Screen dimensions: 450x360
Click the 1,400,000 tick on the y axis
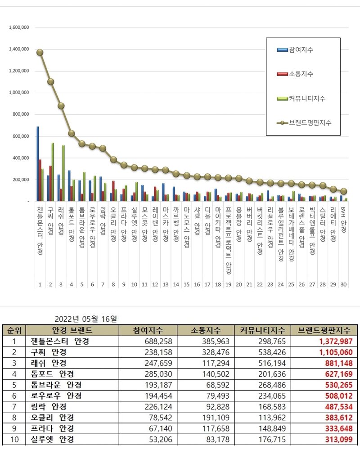click(x=19, y=49)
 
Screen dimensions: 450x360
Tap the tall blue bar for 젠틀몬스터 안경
click(x=38, y=164)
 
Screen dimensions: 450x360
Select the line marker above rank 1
click(x=40, y=52)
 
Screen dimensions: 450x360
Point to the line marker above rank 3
click(x=61, y=106)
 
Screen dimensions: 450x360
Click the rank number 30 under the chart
click(x=344, y=284)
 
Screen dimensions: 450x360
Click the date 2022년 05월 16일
click(x=85, y=319)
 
